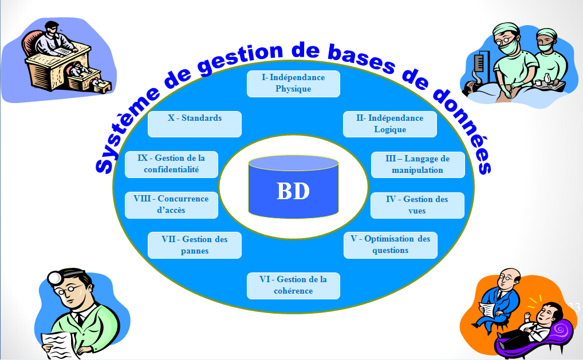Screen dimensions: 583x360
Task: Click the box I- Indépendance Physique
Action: (x=293, y=84)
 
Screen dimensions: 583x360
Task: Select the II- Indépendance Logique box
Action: (x=389, y=124)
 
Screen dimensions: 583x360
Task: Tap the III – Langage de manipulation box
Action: (x=417, y=165)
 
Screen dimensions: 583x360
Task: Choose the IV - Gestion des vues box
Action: (x=417, y=205)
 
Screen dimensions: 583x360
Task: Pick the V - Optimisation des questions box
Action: (x=390, y=245)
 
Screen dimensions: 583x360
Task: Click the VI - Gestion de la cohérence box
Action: (x=293, y=286)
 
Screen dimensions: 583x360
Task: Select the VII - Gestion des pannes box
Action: (x=194, y=245)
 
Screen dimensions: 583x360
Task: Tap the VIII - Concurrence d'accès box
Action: (x=171, y=205)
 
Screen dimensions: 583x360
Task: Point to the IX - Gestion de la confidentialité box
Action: (x=171, y=164)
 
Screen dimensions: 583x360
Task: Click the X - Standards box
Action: (x=194, y=124)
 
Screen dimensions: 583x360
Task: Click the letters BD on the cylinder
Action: (x=293, y=192)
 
